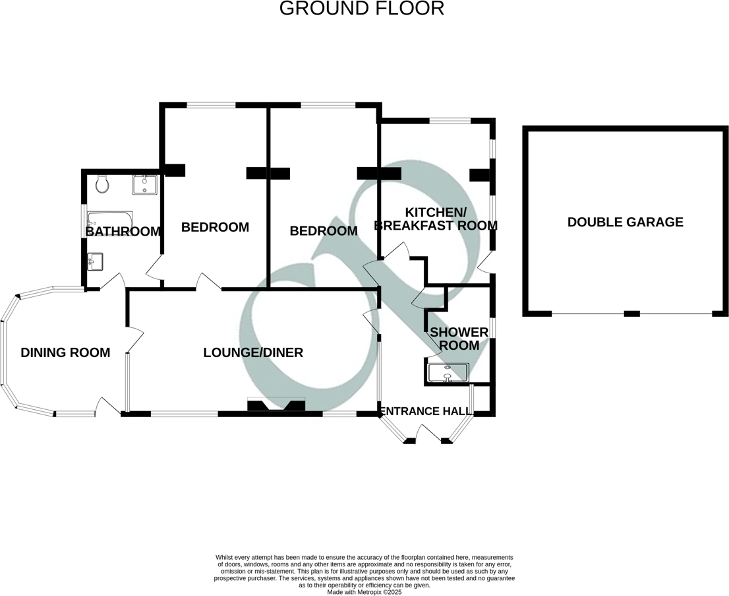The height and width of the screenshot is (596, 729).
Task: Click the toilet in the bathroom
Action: coord(101,184)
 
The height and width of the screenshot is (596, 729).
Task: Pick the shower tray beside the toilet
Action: coord(145,184)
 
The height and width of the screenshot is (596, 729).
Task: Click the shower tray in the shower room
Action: coord(448,373)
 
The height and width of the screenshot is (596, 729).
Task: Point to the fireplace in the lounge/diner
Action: coord(276,405)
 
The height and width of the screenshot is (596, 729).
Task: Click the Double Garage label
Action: coord(625,222)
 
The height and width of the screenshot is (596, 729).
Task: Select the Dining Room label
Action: coord(65,352)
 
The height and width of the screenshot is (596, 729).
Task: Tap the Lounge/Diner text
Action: coord(252,352)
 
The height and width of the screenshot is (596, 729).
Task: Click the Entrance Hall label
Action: coord(427,411)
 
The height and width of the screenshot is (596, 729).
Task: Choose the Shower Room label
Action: coord(459,339)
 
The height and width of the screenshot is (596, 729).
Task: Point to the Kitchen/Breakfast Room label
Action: coord(435,218)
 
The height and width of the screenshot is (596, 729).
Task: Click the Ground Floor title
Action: coord(362,9)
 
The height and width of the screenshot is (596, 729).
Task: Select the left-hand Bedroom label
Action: coord(215,227)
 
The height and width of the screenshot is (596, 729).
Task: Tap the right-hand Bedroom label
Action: coord(324,231)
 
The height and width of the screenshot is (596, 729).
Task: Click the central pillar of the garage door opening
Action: coord(631,314)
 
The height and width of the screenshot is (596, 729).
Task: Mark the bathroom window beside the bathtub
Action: coord(83,221)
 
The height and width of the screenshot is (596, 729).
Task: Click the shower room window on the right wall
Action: coord(492,328)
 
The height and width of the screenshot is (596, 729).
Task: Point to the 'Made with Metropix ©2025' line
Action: coord(364,592)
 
